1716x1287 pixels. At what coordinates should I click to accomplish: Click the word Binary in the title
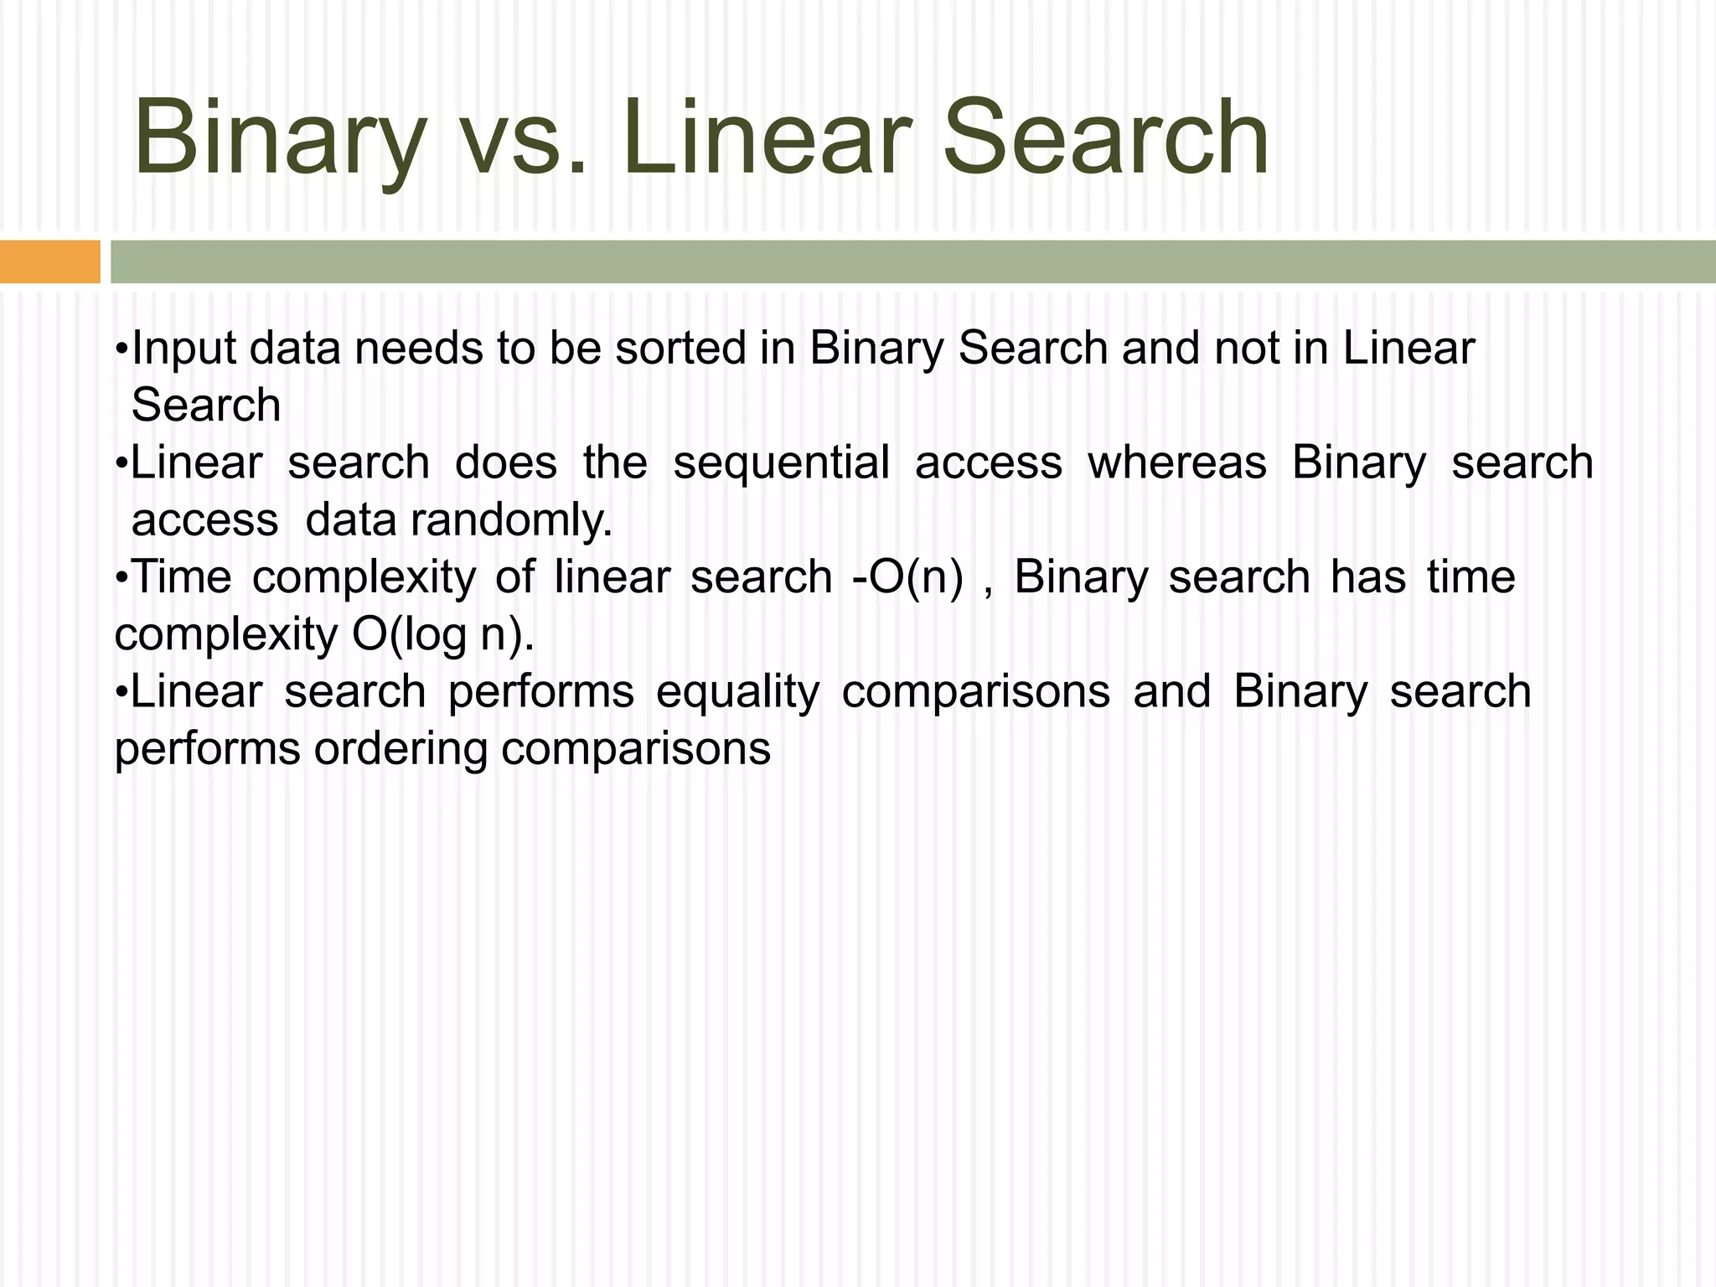(x=280, y=138)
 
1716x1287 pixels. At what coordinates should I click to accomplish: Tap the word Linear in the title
(x=766, y=138)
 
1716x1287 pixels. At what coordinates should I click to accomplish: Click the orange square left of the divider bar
(x=49, y=261)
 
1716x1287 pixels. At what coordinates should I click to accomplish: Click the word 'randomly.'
(x=511, y=520)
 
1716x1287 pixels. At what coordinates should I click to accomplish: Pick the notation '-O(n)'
(x=907, y=577)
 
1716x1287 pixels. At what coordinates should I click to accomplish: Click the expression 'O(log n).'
(x=442, y=634)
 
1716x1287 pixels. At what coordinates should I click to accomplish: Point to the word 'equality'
(x=737, y=692)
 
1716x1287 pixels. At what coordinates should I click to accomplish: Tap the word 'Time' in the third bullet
(x=182, y=577)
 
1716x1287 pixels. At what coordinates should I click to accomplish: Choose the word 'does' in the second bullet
(x=506, y=463)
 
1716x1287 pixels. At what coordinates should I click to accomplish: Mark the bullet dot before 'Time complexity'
(x=122, y=577)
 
